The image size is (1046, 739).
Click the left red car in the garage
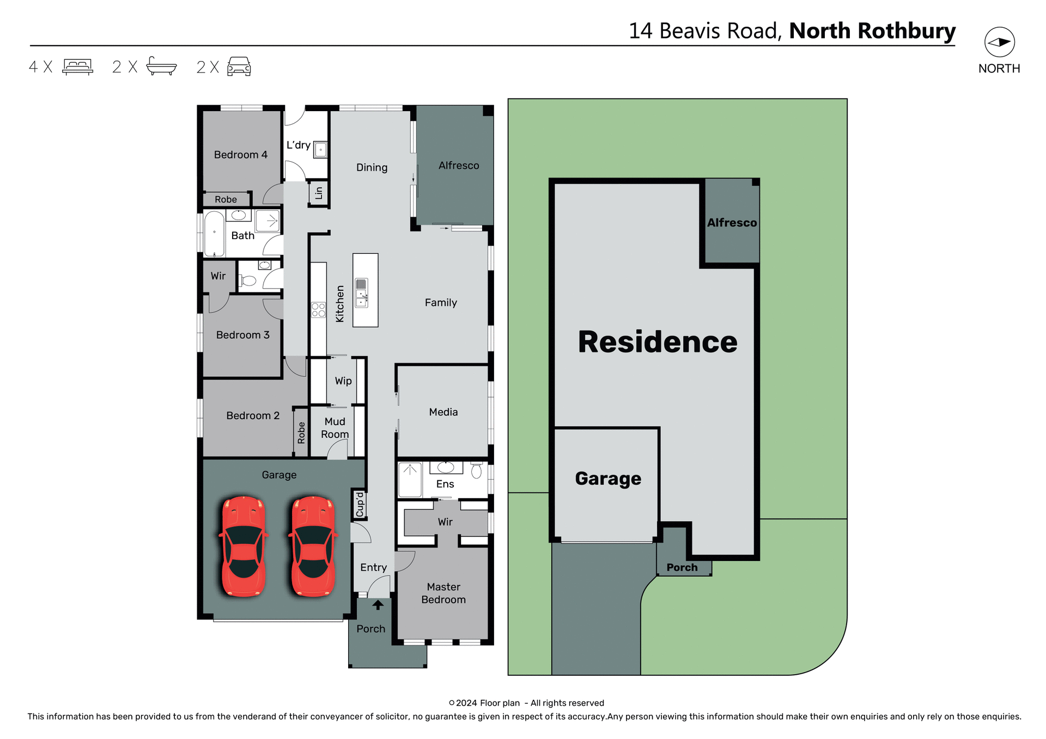244,546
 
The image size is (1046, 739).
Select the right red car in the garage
313,546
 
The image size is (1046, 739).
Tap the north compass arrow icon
999,42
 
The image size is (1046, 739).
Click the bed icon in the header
78,66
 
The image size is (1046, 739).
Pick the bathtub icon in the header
161,66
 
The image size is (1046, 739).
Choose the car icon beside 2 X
239,66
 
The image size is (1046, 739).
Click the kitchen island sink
361,292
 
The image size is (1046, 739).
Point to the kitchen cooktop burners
318,310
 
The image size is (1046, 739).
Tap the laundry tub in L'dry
320,149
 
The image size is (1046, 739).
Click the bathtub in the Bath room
214,234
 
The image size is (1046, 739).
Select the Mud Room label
335,428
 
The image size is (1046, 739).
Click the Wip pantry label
343,381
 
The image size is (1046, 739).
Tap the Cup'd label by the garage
360,504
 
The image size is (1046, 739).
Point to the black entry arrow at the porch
378,604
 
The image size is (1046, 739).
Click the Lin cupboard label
319,193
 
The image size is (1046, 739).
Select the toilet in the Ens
476,471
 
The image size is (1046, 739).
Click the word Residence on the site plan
658,342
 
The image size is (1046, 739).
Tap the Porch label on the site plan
682,567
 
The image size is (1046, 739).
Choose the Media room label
443,412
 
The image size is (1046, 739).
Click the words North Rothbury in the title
872,31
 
